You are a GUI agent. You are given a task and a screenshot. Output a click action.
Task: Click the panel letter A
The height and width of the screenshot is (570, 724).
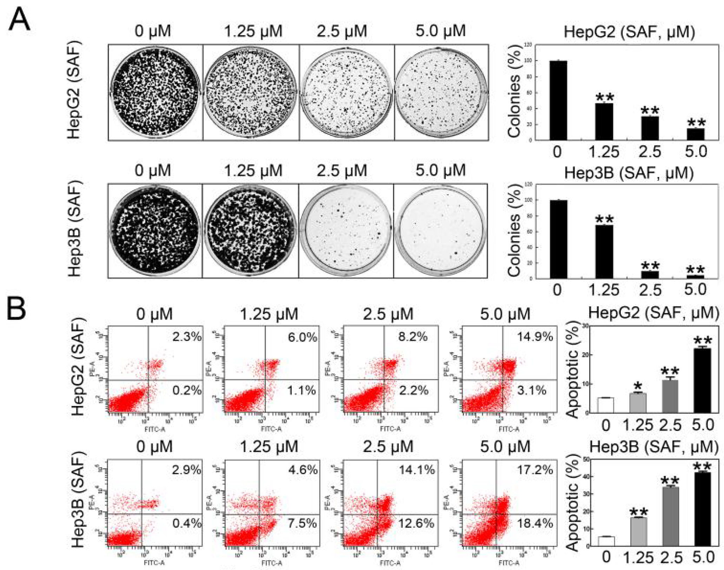click(x=19, y=20)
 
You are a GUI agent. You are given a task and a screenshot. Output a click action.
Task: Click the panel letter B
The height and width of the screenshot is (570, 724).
click(x=16, y=308)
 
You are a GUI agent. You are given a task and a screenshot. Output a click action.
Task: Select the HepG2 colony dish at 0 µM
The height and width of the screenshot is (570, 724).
click(x=155, y=92)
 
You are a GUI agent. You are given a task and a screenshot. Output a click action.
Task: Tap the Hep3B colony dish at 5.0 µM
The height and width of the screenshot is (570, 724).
click(x=440, y=231)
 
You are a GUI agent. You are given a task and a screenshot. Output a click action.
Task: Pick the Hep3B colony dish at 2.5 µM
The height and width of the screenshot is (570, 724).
click(x=346, y=231)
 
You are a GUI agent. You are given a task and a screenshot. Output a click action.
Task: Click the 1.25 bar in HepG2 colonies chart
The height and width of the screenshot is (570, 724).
click(x=604, y=122)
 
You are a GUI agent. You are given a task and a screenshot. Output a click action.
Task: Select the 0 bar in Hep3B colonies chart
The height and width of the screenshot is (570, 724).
click(x=558, y=239)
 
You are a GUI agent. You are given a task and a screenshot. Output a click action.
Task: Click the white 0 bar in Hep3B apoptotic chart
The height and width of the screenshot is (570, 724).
click(x=606, y=541)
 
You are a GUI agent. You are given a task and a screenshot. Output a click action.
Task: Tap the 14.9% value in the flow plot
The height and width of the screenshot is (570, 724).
click(x=535, y=336)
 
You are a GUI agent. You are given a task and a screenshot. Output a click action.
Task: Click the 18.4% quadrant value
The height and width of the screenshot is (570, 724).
click(x=535, y=523)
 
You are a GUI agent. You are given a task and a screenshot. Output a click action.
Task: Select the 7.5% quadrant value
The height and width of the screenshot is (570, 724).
click(x=302, y=523)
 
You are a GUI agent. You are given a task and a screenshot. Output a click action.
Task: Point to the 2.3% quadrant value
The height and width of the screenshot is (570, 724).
click(x=187, y=336)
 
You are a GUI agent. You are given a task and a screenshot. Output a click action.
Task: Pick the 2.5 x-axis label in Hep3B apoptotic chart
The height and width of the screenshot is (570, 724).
click(x=670, y=557)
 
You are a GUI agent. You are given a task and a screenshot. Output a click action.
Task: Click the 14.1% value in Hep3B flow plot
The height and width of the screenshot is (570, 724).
click(x=417, y=470)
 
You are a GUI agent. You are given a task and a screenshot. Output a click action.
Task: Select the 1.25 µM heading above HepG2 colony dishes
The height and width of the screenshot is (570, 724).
click(x=253, y=31)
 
